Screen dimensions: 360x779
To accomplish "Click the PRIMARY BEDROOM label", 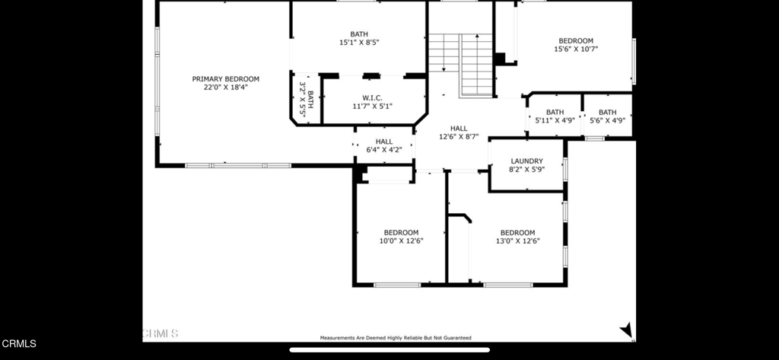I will tap(225, 78).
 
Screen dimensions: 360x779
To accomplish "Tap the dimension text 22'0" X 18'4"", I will tap(225, 88).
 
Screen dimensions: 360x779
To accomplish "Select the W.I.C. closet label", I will tap(372, 97).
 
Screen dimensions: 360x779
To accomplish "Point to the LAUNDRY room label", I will tap(526, 161).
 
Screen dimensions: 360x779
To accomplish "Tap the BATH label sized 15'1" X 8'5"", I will tap(358, 34).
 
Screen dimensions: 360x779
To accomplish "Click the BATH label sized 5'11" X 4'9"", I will tap(555, 112).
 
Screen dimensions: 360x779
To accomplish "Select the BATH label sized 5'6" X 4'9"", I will tap(607, 112).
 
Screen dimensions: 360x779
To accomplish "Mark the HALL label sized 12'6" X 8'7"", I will tap(459, 129).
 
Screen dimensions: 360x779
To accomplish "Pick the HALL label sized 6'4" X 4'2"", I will tap(384, 142).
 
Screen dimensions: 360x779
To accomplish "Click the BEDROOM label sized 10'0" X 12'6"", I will tap(400, 233).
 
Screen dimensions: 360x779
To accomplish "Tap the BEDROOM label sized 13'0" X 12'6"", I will tap(517, 233).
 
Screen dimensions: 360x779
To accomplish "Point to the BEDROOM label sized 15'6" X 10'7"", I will tap(576, 41).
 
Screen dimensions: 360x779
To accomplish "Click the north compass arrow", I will tap(626, 330).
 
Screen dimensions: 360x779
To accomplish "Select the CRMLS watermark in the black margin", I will tap(18, 344).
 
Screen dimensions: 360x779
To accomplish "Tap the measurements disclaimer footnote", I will tap(395, 337).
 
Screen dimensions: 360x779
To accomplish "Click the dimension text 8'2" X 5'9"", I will tap(526, 169).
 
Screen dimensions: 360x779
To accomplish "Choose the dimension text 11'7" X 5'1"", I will tap(372, 107).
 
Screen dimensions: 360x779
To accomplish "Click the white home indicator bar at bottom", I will tap(389, 351).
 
